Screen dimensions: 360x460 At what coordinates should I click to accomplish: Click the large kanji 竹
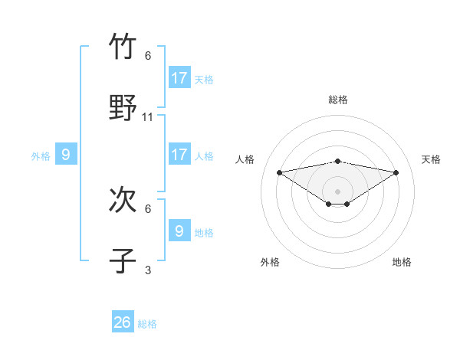tap(123, 47)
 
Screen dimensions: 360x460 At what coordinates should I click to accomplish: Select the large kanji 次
tap(123, 200)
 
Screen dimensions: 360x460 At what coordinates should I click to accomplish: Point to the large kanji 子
tap(123, 260)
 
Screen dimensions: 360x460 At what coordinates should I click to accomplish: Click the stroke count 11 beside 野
tap(148, 117)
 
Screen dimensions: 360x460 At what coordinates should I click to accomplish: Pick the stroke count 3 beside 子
tap(148, 270)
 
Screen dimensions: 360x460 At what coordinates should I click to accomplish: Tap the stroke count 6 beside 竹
tap(148, 56)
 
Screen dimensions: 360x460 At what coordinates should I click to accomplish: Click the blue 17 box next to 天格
tap(179, 77)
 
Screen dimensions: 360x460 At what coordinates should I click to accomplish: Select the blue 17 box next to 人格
tap(179, 154)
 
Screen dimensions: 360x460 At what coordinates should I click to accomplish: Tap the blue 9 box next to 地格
tap(179, 230)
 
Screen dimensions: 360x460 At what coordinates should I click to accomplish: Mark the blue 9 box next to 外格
tap(66, 154)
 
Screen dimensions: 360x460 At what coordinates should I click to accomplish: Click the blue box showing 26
tap(122, 322)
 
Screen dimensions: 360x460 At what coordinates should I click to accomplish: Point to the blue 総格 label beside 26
tap(147, 324)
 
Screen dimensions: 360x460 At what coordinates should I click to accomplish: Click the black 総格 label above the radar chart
tap(338, 100)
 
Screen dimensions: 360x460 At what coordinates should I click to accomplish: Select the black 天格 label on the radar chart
tap(432, 159)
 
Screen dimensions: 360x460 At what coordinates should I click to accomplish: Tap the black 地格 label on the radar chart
tap(402, 262)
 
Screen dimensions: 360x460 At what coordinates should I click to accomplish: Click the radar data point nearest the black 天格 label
tap(396, 172)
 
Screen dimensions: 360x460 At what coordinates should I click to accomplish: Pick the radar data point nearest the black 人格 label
tap(280, 172)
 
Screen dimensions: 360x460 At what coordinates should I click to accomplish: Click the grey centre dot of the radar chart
tap(338, 191)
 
